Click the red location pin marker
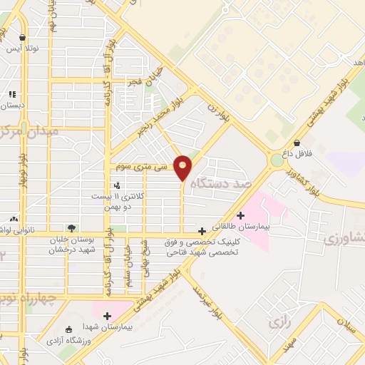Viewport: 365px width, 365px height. coord(182,166)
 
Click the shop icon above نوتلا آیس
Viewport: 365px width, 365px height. coord(23,38)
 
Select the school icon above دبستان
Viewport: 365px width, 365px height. coord(11,93)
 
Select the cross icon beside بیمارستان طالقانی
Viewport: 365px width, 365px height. coord(241,215)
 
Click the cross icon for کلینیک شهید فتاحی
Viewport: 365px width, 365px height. coord(203,231)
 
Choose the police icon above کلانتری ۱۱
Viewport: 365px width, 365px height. coord(117,185)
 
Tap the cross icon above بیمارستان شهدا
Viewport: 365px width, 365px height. coord(107,316)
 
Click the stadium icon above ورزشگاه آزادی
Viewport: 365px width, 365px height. coord(69,329)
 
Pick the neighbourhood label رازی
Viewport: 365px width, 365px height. coord(279,323)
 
